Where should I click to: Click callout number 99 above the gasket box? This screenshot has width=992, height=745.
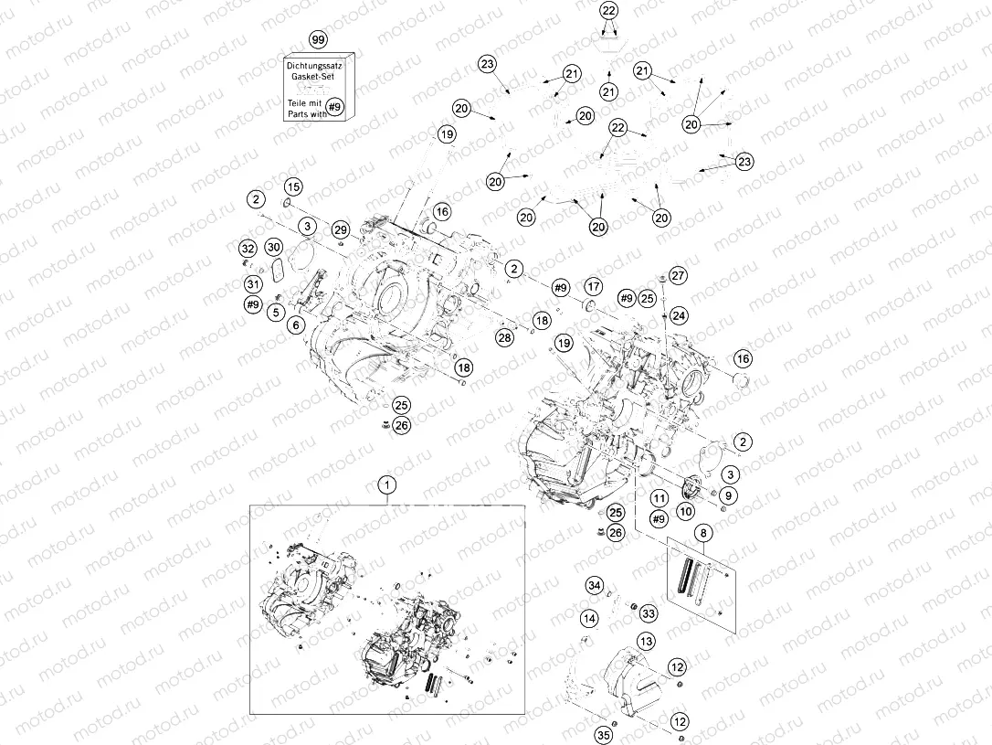(x=318, y=39)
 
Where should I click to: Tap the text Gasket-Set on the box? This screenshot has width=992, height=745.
(x=312, y=76)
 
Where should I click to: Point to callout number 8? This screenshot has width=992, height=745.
(x=703, y=533)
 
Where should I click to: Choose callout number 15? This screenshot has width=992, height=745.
(x=292, y=186)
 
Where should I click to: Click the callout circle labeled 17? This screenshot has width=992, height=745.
(x=593, y=287)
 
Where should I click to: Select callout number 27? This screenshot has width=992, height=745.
(x=678, y=275)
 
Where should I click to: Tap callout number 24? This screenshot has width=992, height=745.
(x=678, y=315)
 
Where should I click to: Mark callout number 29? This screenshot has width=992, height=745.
(x=341, y=229)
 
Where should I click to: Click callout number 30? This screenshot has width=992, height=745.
(x=273, y=247)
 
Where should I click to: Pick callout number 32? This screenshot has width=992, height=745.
(x=248, y=248)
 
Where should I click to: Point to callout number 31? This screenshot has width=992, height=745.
(x=254, y=285)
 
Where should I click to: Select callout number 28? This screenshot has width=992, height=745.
(x=504, y=337)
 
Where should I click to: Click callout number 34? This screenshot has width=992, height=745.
(x=594, y=585)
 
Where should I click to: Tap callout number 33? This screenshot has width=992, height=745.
(x=649, y=613)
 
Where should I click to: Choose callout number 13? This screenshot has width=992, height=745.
(x=646, y=641)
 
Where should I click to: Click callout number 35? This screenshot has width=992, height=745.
(x=604, y=736)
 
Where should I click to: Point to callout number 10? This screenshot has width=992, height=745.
(x=686, y=510)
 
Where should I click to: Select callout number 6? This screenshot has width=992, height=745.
(x=295, y=325)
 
